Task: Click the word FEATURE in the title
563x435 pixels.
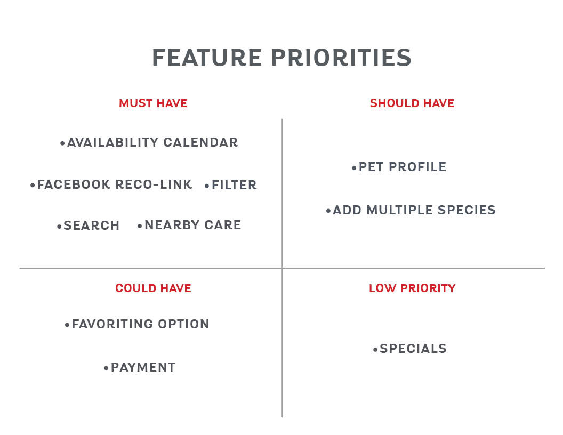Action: (x=207, y=58)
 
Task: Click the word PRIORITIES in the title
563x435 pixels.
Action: (x=341, y=58)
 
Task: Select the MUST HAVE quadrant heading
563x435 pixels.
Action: (x=154, y=103)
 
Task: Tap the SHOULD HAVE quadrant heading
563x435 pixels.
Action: (x=412, y=103)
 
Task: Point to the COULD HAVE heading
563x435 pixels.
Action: (x=154, y=288)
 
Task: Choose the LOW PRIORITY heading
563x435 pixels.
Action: (x=412, y=288)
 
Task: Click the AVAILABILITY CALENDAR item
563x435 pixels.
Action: (x=152, y=142)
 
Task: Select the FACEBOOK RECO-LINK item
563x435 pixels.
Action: (x=115, y=184)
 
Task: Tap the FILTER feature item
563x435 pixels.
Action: (x=234, y=185)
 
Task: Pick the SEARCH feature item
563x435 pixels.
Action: (x=92, y=225)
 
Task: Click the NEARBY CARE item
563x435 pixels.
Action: (x=193, y=225)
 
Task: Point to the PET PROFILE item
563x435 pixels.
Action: (x=403, y=167)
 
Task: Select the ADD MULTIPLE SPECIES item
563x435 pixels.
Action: (x=414, y=210)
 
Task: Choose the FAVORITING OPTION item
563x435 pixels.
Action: (x=140, y=324)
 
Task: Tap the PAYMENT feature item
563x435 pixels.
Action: (x=143, y=367)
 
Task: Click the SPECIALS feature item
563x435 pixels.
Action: (x=413, y=349)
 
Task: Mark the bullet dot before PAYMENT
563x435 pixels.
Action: (x=106, y=368)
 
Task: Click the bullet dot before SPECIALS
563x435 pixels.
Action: (x=375, y=349)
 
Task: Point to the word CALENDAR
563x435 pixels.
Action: (x=200, y=142)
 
